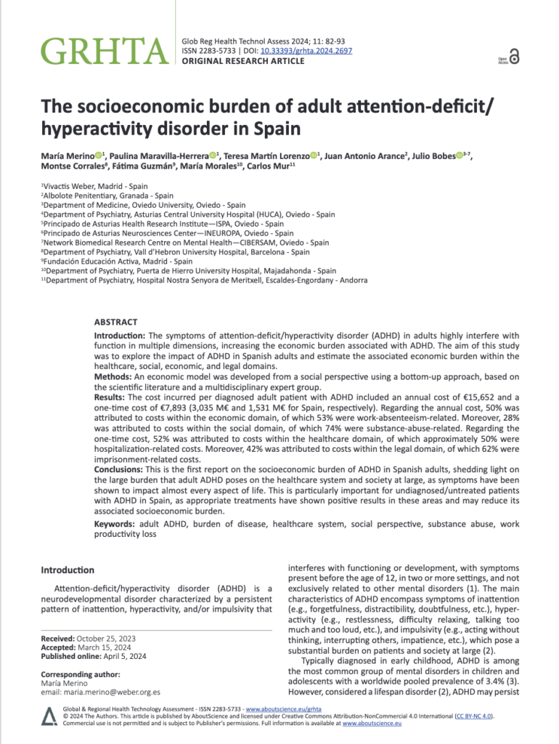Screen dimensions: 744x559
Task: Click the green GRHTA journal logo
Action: (x=104, y=49)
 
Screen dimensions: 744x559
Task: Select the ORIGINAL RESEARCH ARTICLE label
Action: (x=242, y=61)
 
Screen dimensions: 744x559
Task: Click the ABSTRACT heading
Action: (x=115, y=321)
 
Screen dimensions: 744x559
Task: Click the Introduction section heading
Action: (x=68, y=570)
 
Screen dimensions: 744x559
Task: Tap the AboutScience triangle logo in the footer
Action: (x=49, y=716)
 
